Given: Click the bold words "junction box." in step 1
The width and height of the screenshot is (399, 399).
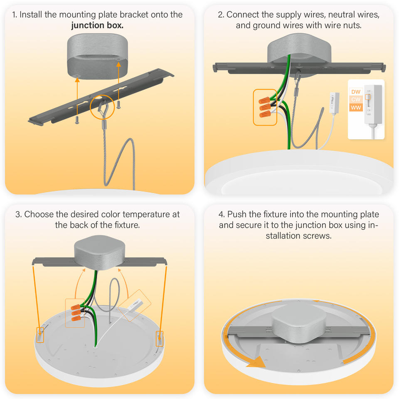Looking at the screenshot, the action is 97,25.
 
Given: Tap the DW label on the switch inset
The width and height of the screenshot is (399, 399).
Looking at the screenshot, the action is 356,91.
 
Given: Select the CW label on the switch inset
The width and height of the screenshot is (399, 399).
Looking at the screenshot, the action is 356,100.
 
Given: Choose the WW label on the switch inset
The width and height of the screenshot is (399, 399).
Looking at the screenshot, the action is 356,108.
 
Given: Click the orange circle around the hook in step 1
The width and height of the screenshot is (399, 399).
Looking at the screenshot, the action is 101,108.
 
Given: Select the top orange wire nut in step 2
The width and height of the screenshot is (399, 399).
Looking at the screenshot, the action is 263,101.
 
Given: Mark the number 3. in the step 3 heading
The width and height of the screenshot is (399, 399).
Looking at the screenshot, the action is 18,214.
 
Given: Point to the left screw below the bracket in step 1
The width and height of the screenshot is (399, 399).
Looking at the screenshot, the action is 77,120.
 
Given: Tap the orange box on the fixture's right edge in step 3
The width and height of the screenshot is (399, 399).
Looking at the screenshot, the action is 159,338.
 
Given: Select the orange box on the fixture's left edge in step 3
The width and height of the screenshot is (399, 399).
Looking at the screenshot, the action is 40,335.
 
